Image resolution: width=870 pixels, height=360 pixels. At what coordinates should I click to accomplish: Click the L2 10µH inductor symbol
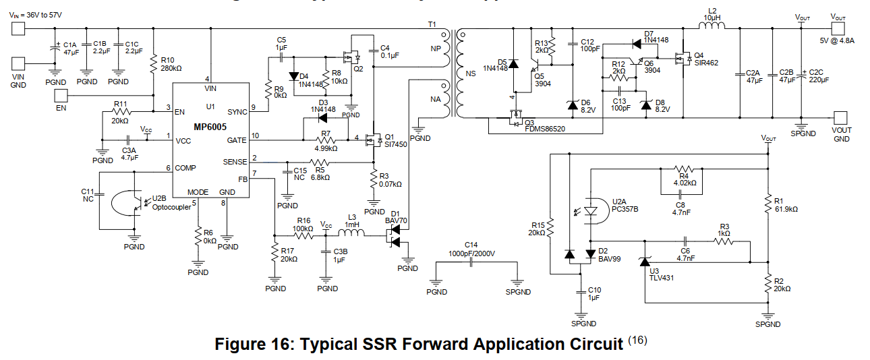tap(711, 26)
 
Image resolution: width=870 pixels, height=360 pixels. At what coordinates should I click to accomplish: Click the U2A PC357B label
tap(625, 206)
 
